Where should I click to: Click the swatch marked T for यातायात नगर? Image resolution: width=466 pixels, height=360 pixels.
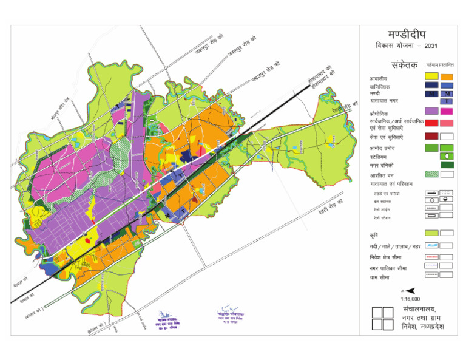447,101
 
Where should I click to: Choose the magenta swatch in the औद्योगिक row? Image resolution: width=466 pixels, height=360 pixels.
447,111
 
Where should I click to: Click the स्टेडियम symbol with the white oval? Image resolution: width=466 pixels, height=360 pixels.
447,157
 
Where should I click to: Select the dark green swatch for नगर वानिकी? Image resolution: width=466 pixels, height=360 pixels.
447,165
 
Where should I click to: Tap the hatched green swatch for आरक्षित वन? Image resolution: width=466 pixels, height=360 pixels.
431,174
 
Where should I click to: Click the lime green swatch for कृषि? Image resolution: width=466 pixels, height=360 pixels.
431,233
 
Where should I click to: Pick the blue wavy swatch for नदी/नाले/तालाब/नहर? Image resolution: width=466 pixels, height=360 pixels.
431,245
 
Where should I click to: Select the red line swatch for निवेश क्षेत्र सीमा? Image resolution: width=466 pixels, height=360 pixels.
431,257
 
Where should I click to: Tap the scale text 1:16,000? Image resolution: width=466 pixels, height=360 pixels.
411,299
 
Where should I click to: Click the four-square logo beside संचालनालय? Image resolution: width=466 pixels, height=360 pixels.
382,319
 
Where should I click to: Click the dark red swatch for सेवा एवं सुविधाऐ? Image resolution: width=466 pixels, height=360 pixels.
431,136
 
